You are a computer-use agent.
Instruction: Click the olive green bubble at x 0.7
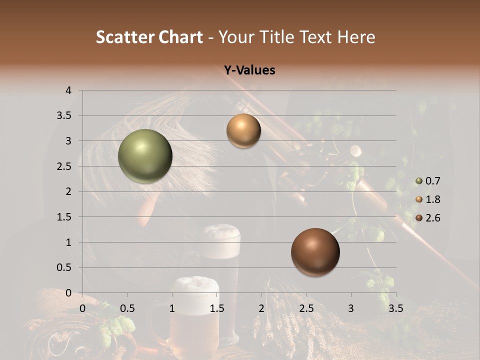[x=145, y=156]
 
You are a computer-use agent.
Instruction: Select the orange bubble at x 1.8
[x=243, y=131]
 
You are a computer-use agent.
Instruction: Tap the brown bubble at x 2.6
[x=315, y=252]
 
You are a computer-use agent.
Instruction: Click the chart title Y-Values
[x=249, y=70]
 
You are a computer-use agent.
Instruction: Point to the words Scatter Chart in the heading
[x=149, y=37]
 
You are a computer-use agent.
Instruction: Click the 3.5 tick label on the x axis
[x=395, y=308]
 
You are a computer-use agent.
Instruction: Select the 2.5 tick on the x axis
[x=306, y=308]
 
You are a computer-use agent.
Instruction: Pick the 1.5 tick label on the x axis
[x=216, y=308]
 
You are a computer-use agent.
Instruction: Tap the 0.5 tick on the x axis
[x=127, y=308]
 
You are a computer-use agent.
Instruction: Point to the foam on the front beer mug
[x=194, y=286]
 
